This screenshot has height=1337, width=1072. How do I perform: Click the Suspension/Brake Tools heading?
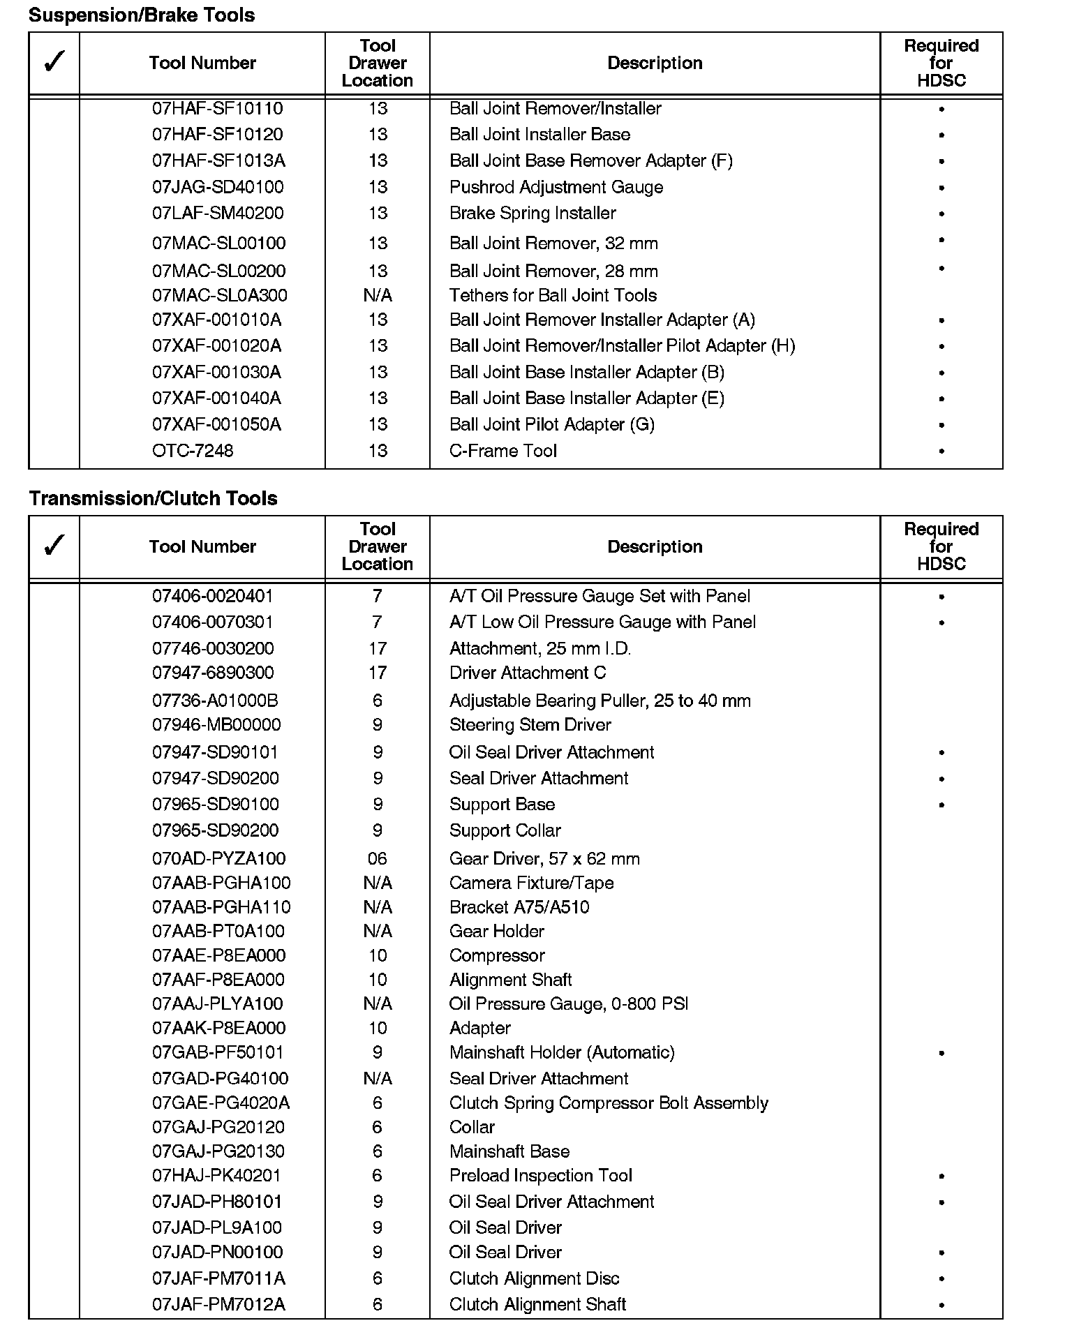point(142,15)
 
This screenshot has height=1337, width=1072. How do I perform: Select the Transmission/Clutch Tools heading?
point(153,498)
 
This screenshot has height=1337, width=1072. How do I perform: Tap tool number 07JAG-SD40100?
point(218,187)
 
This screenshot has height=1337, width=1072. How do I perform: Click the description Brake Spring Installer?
point(533,213)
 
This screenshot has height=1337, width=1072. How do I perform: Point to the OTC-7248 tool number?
point(193,451)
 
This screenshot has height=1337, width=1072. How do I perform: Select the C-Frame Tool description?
point(502,451)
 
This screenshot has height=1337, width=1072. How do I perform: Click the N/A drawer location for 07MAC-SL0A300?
point(378,295)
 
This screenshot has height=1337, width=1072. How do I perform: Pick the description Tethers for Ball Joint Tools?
point(553,295)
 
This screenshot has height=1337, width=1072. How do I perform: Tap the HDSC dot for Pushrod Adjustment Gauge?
point(941,188)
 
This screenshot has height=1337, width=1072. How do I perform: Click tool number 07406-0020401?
point(213,596)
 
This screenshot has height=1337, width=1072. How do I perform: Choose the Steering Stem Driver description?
point(530,724)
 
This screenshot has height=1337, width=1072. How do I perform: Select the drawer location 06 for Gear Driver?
point(378,858)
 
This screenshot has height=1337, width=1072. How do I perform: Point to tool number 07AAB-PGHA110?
point(221,907)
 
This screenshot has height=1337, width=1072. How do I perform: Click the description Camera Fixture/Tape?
point(531,883)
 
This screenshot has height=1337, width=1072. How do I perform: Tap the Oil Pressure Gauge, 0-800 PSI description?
point(568,1003)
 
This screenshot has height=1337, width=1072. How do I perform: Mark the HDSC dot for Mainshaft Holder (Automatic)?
point(941,1053)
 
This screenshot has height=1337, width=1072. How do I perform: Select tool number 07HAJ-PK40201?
point(216,1175)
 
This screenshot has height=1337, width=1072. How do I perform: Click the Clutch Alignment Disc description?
point(534,1278)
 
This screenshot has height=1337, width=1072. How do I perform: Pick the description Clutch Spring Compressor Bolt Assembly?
point(609,1103)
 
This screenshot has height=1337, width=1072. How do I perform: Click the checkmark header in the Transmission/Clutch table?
point(54,546)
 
